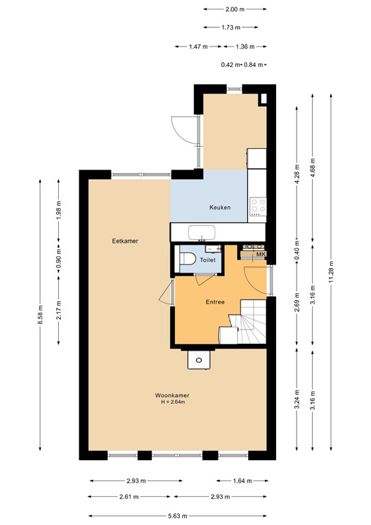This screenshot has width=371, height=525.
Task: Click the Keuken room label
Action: point(220,207)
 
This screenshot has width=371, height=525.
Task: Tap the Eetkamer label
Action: point(125,241)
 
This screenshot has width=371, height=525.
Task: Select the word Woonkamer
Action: point(171,395)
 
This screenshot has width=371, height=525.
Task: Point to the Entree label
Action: point(215,301)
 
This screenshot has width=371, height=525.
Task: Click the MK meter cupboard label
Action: point(260,255)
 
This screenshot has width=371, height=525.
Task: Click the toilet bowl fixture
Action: point(187,260)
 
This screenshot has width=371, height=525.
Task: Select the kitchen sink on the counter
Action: point(202,232)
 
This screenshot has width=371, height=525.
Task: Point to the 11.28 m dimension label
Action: point(331,271)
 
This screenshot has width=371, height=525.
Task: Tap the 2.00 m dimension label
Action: point(234,10)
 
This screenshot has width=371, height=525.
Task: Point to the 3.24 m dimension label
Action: point(297,398)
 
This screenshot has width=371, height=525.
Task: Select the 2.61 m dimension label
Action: point(130,497)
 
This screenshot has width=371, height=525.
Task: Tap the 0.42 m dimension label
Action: point(229,65)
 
